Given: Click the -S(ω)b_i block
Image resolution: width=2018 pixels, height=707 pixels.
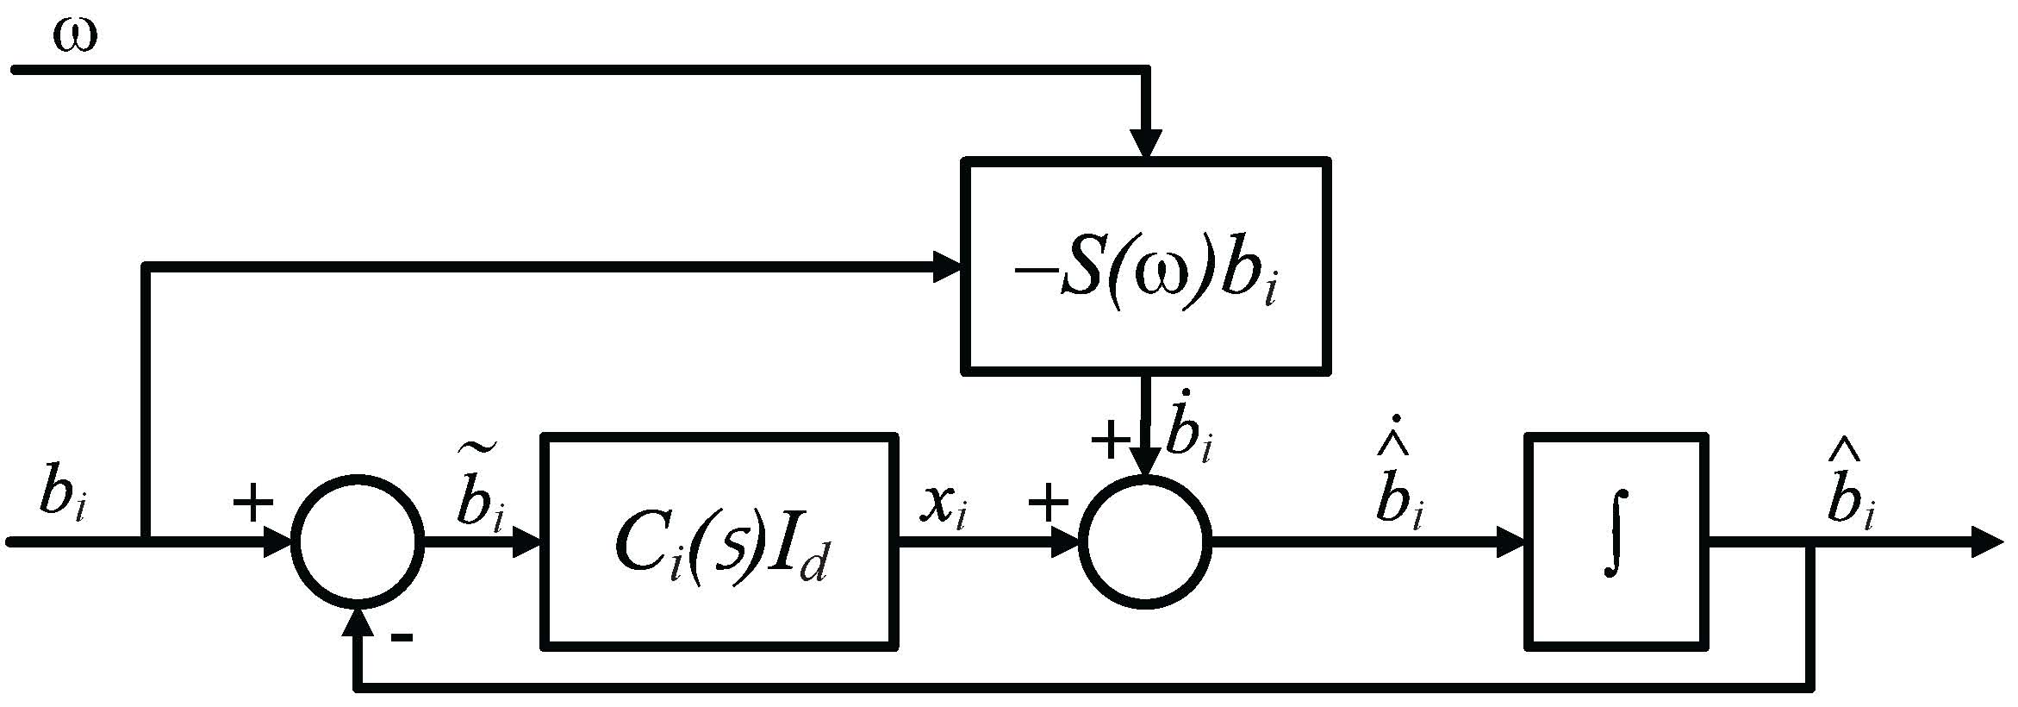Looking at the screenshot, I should coord(1145,266).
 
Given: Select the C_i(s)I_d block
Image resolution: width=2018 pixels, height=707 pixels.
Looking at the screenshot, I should coord(719,541).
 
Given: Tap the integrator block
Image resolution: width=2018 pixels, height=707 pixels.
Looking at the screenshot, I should coord(1616,541).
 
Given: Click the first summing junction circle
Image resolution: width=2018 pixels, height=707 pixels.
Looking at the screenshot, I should coord(358,541).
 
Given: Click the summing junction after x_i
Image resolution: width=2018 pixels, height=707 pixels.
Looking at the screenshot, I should coord(1145,541).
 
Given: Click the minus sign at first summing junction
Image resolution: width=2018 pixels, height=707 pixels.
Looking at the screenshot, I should coord(402,639).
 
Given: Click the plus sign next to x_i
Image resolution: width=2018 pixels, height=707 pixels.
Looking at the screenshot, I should coord(1049,504).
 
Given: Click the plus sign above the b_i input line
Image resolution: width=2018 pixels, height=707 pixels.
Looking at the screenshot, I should coord(253,503).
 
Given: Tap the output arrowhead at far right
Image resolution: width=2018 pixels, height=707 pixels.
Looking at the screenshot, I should coord(1985,542).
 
